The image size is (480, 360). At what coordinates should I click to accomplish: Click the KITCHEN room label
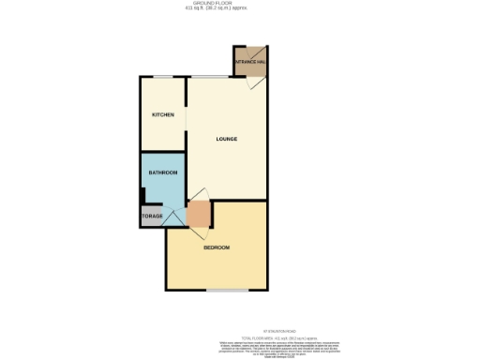163,114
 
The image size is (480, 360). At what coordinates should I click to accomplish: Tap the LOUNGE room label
225,139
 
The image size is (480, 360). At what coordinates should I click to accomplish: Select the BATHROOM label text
162,172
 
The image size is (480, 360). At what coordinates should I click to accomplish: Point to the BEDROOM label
217,247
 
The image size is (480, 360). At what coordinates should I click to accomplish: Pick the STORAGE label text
152,217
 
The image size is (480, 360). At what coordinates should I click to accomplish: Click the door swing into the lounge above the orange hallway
198,196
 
